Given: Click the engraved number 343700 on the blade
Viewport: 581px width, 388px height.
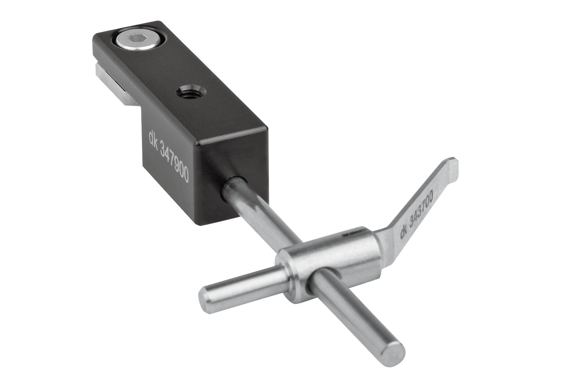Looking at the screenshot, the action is [422, 207].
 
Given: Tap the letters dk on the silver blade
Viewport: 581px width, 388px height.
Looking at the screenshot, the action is [404, 233].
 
